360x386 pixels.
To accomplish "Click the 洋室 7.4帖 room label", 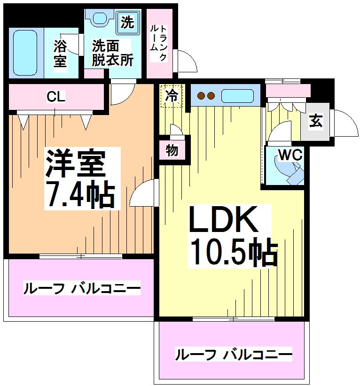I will (79, 178).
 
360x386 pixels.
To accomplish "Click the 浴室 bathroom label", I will (60, 53).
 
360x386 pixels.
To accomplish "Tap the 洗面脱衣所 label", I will (112, 53).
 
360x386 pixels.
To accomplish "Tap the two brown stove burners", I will (206, 96).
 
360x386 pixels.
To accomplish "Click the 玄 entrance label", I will (315, 121).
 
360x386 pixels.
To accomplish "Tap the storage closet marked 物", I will (172, 151).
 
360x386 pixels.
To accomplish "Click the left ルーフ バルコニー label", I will (82, 288).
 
